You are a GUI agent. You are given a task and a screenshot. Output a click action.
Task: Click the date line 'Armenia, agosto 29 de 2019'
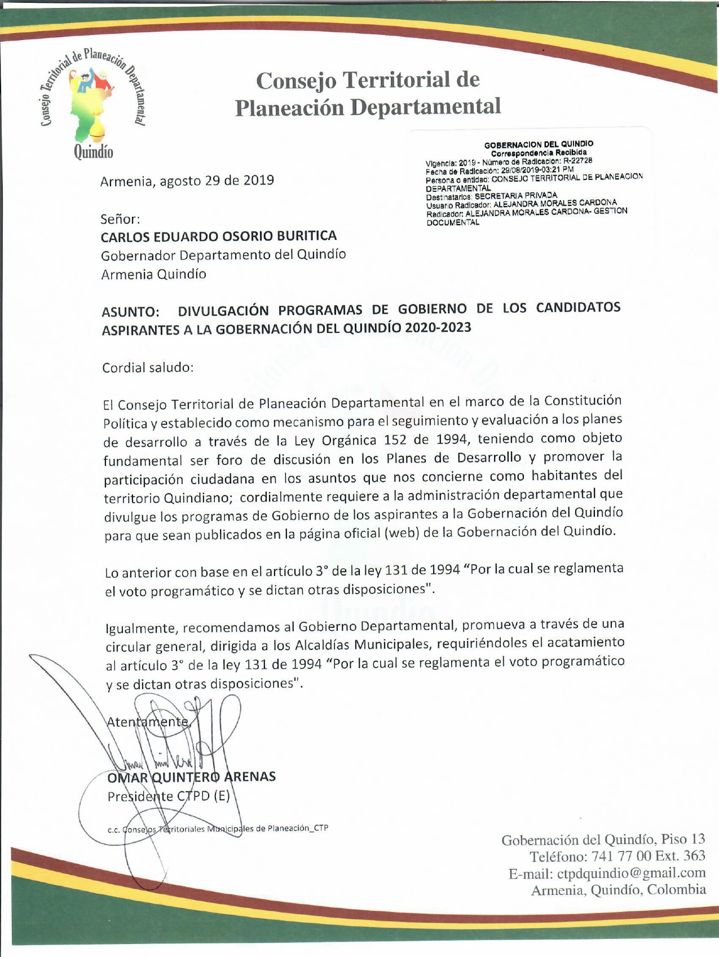pyautogui.click(x=187, y=181)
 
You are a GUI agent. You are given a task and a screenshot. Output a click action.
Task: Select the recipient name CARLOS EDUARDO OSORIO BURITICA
pyautogui.click(x=219, y=235)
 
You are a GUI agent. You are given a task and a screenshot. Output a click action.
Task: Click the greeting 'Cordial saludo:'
pyautogui.click(x=148, y=367)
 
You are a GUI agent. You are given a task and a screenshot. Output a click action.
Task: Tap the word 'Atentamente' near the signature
pyautogui.click(x=148, y=722)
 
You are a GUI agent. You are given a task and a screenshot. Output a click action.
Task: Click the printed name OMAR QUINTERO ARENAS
pyautogui.click(x=191, y=777)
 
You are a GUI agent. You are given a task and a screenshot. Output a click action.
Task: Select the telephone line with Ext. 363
pyautogui.click(x=617, y=856)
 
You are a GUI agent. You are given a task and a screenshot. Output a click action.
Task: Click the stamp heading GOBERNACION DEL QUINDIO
pyautogui.click(x=539, y=144)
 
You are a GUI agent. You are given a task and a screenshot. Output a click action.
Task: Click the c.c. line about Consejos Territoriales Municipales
pyautogui.click(x=218, y=828)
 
